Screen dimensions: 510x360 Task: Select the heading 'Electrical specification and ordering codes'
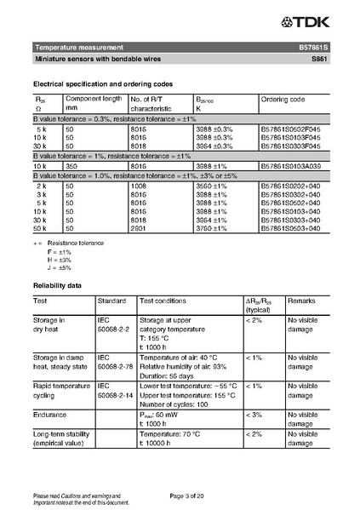[x=103, y=83]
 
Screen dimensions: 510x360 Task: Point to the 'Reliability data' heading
[x=57, y=284]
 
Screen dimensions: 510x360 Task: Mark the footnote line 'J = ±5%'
[x=60, y=267]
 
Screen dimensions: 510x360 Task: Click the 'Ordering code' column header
[x=283, y=100]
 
